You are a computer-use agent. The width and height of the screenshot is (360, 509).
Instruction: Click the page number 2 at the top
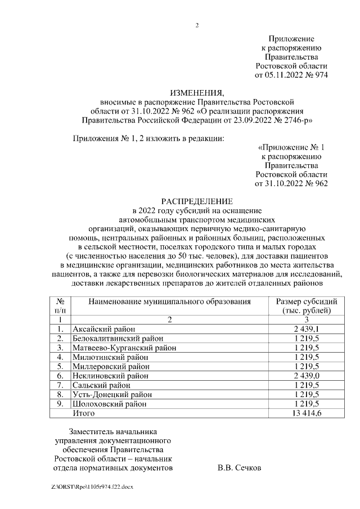tap(197, 25)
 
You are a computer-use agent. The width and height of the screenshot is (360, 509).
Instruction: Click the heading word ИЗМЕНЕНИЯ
tap(197, 93)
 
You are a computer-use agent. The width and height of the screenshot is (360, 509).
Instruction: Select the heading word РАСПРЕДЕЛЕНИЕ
tap(197, 201)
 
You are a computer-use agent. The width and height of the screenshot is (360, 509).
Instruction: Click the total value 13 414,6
tap(307, 413)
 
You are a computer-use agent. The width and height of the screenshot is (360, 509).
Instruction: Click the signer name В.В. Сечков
tap(239, 467)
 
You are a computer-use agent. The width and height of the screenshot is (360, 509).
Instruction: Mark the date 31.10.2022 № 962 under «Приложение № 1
tap(291, 183)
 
